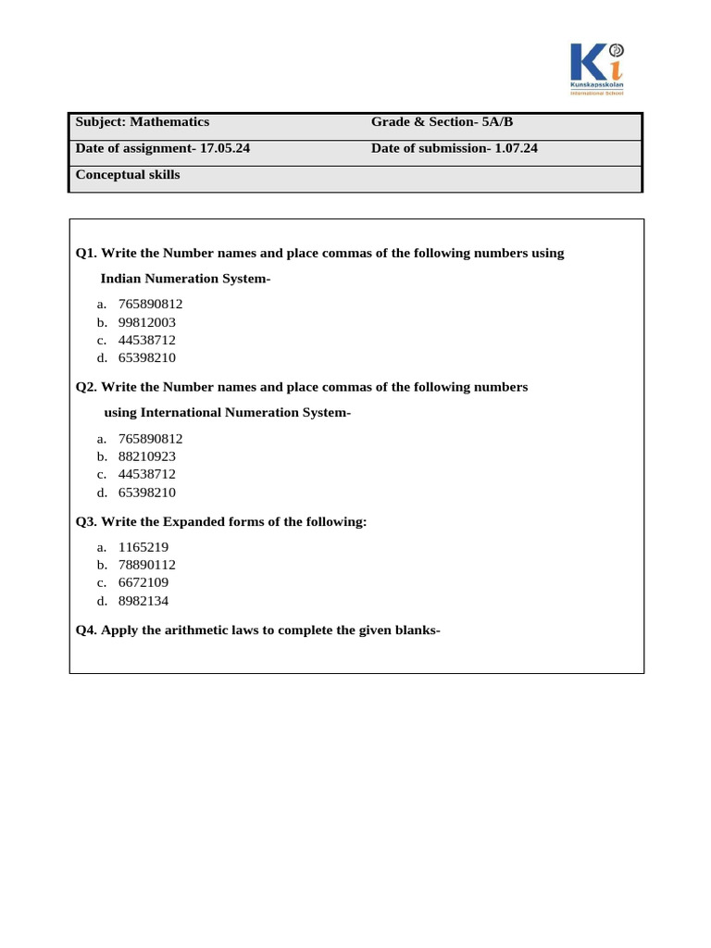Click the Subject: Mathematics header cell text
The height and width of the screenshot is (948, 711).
[142, 122]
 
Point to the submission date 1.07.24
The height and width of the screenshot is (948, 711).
[516, 148]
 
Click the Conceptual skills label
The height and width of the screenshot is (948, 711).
[128, 175]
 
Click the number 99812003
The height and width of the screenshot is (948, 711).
[147, 322]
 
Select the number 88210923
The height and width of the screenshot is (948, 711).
[147, 456]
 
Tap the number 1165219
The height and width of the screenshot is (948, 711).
[143, 547]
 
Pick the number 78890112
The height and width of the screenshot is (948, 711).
[147, 565]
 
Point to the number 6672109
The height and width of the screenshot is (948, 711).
[143, 582]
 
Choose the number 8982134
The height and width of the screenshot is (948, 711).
[143, 600]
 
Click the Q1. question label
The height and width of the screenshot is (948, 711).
[86, 253]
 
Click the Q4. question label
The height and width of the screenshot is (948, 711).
[86, 630]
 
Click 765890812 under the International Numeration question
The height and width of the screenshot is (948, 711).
[151, 439]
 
